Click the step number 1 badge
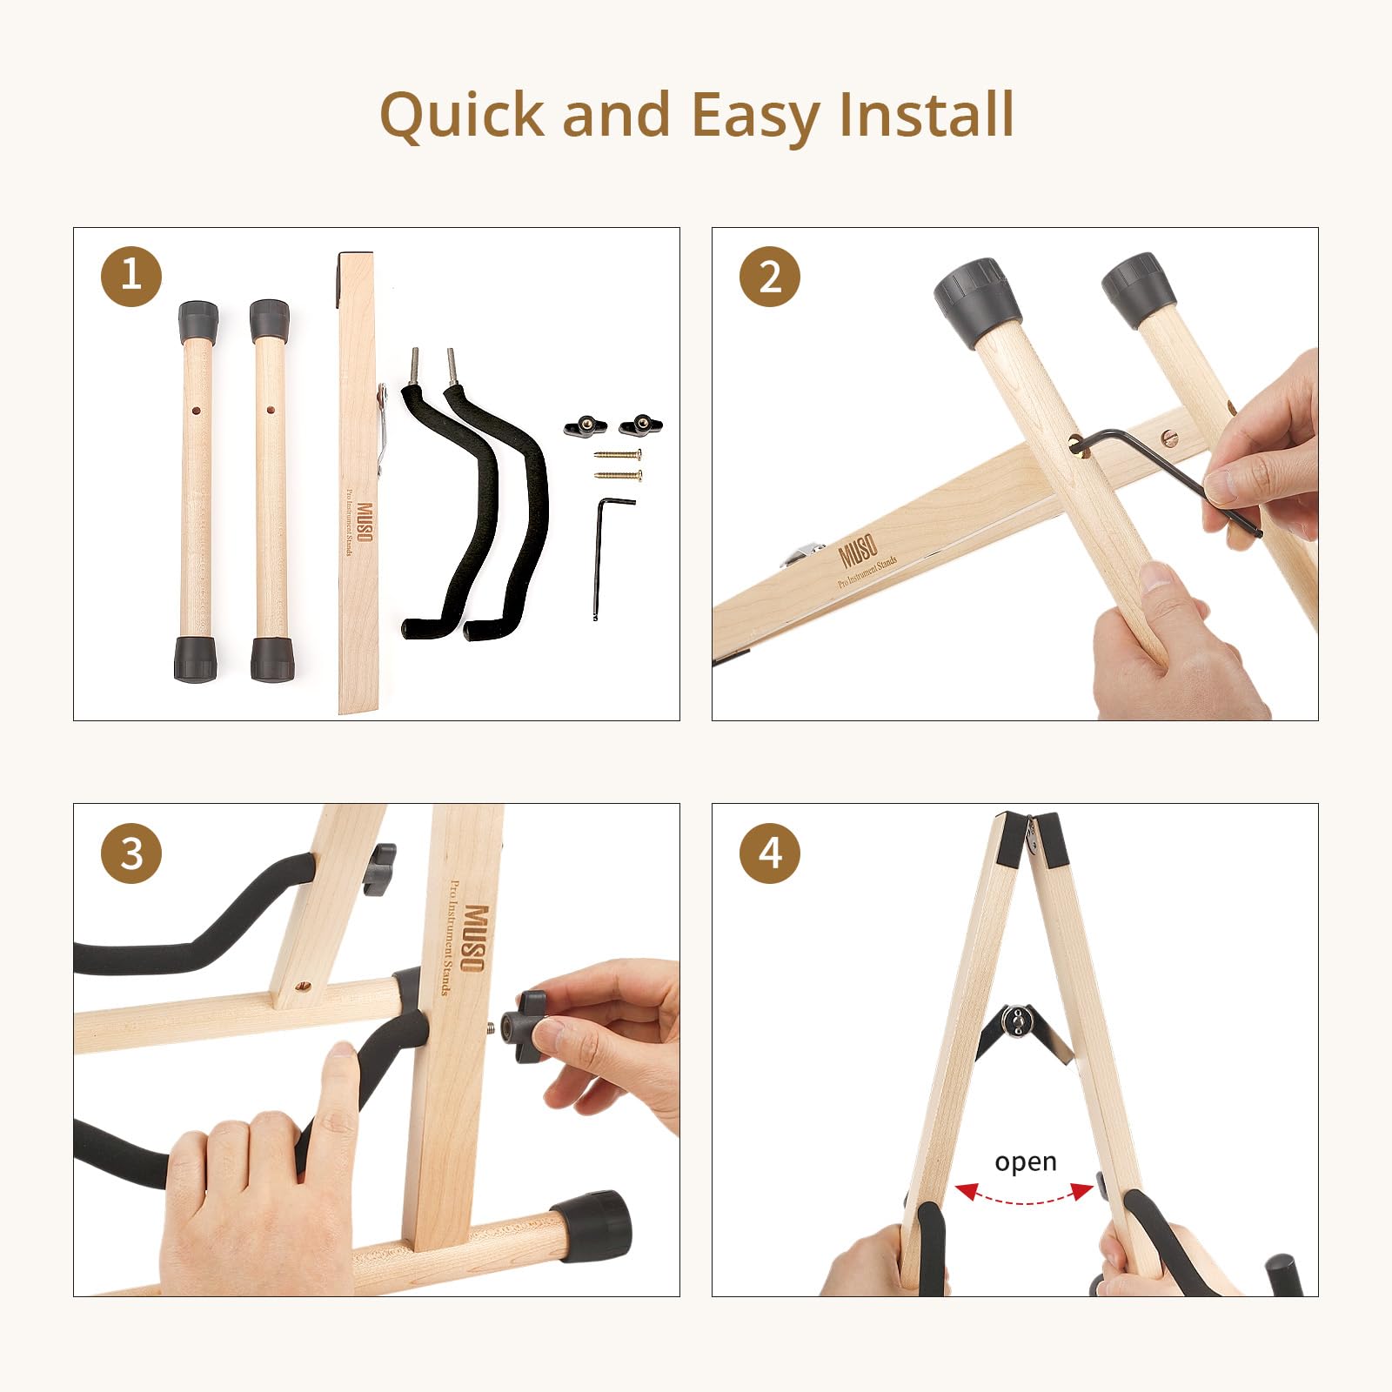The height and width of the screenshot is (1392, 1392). tap(131, 276)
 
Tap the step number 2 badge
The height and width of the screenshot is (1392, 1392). tap(770, 276)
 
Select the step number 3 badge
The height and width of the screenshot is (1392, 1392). tap(131, 853)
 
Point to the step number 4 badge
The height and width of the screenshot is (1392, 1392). tap(770, 853)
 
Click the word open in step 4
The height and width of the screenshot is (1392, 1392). tap(1026, 1163)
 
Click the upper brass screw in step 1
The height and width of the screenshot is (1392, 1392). tap(618, 454)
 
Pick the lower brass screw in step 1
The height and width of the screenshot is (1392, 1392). tap(618, 475)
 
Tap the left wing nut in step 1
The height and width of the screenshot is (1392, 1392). tap(586, 425)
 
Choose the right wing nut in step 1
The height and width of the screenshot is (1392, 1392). tap(641, 425)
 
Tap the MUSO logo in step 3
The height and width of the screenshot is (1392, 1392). tap(475, 939)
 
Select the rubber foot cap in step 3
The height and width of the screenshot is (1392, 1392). tap(594, 1227)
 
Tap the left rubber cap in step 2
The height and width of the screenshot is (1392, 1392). tap(978, 304)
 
